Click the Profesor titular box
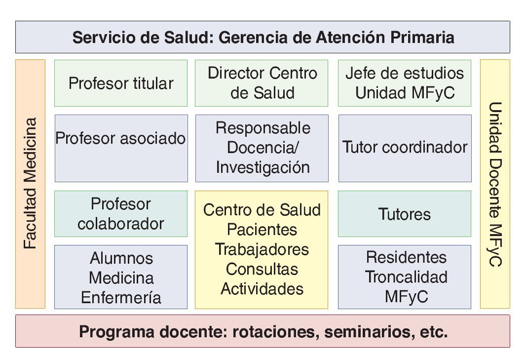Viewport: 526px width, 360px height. (121, 83)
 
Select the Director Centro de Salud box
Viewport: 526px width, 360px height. (262, 83)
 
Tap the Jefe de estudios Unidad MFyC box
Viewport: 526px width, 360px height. (404, 83)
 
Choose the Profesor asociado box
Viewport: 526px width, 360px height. (121, 148)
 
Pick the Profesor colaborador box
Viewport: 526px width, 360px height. (121, 213)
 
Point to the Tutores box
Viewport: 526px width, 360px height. (404, 214)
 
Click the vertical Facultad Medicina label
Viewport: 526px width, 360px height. (30, 184)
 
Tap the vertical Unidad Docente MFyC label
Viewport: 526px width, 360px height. (495, 184)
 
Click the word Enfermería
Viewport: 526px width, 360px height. (121, 298)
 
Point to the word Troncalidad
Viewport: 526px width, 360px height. (406, 277)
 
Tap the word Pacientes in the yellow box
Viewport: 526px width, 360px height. (262, 230)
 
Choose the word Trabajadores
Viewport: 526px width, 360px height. (262, 249)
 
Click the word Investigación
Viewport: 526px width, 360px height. (262, 167)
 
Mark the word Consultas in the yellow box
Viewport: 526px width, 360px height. (262, 269)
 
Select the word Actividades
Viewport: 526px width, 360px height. (262, 288)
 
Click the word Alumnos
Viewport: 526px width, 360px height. (121, 258)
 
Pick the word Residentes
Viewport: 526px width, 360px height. (406, 257)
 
